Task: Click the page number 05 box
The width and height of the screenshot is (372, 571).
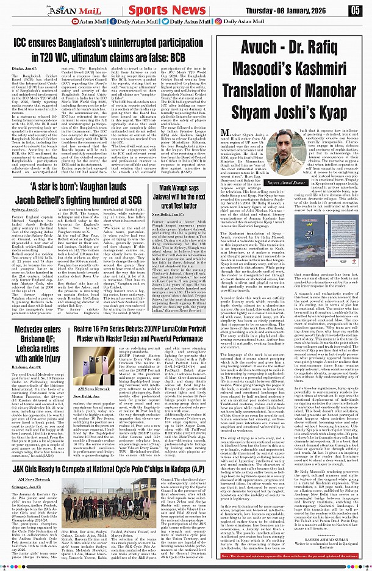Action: click(356, 10)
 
